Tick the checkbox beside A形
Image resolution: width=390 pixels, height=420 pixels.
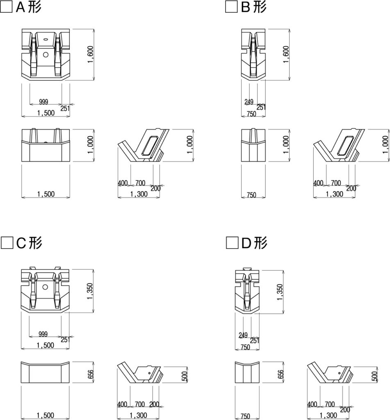(6, 7)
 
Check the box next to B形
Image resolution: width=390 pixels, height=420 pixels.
(231, 7)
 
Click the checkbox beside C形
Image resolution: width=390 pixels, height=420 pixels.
(7, 243)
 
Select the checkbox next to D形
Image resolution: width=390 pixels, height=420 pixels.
(232, 243)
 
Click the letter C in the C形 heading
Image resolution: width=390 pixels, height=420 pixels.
(21, 243)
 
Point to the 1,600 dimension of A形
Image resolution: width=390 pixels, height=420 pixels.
(90, 55)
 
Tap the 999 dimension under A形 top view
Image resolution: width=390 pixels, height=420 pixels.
(43, 102)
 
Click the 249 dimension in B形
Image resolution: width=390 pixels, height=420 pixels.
(249, 102)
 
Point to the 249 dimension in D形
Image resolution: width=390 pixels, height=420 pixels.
(243, 335)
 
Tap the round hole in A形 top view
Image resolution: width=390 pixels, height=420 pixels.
(46, 55)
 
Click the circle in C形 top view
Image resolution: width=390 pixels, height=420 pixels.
(45, 287)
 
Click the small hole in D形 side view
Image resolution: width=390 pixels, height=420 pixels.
(340, 373)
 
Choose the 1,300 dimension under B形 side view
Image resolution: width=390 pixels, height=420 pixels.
(334, 194)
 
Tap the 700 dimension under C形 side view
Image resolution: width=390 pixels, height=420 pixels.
(140, 404)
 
